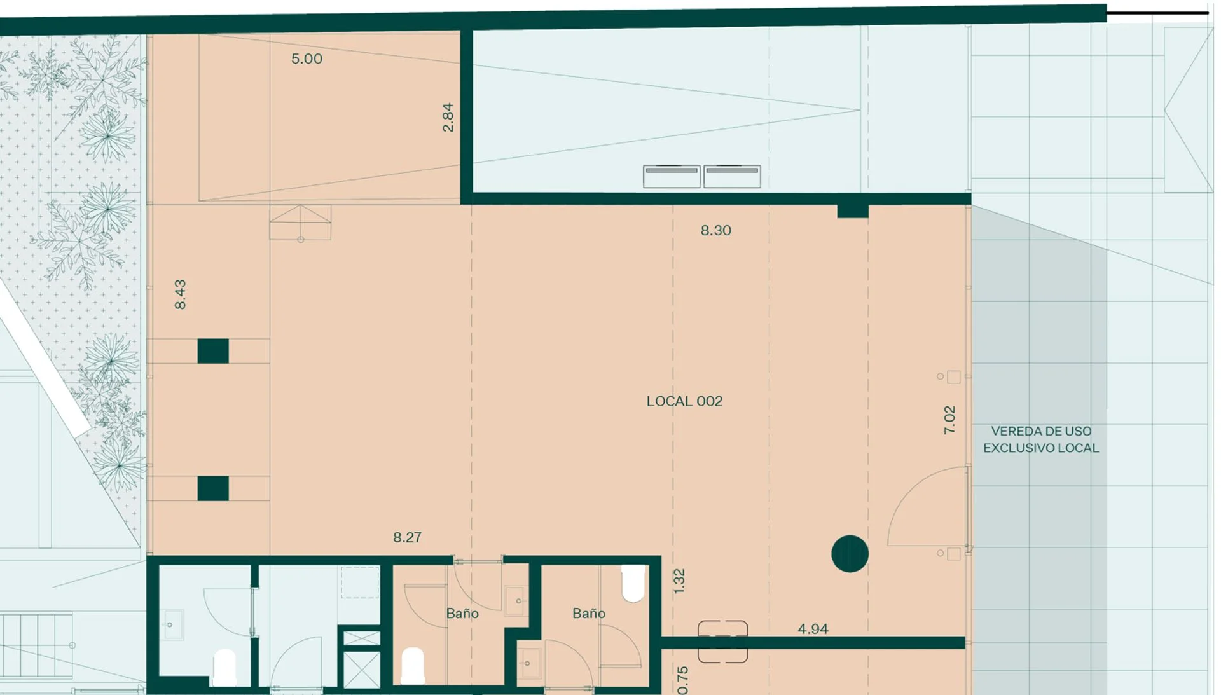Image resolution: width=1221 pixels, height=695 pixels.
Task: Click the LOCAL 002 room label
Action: point(684,401)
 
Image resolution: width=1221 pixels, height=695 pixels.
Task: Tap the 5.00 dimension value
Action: point(307,59)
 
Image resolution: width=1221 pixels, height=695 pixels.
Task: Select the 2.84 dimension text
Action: point(448,118)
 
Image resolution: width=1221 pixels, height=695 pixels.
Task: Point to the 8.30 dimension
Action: point(716,231)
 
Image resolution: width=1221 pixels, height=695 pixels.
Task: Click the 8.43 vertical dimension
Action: point(180,294)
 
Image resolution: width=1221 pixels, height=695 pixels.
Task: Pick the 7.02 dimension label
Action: point(949,420)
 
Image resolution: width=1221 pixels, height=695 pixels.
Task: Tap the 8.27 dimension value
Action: point(407,537)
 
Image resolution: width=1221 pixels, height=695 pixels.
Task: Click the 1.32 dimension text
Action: point(679,581)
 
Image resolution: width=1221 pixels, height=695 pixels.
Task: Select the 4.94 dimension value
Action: point(813,629)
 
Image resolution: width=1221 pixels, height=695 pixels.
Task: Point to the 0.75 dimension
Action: point(683,680)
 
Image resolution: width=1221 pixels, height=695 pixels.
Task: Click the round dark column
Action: point(850,554)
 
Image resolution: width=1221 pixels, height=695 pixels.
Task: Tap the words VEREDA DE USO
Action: point(1041,431)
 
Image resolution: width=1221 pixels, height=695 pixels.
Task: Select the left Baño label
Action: point(462,614)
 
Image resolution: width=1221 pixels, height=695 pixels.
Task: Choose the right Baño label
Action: point(589,614)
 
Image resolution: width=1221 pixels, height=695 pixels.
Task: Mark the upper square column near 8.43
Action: point(213,351)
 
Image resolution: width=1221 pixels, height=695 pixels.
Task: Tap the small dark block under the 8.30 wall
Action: point(853,211)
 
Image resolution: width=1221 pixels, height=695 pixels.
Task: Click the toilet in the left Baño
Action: point(413,666)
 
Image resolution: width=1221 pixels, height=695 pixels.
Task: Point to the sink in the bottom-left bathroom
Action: point(171,624)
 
